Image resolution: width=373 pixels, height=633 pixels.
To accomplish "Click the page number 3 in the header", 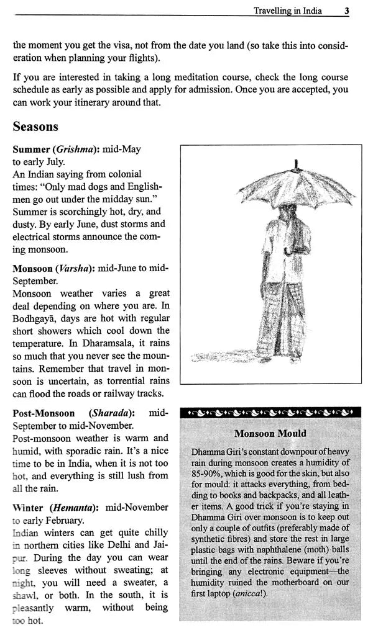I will tap(346, 11).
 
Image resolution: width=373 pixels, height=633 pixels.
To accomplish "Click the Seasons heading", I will tap(35, 127).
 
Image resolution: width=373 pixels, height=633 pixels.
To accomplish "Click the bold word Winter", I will tap(28, 507).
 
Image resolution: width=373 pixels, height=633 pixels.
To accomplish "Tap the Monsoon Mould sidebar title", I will tap(270, 433).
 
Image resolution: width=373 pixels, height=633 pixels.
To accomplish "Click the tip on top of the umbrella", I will tap(298, 163).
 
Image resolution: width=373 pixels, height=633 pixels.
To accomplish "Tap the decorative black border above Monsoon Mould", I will tap(270, 413).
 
